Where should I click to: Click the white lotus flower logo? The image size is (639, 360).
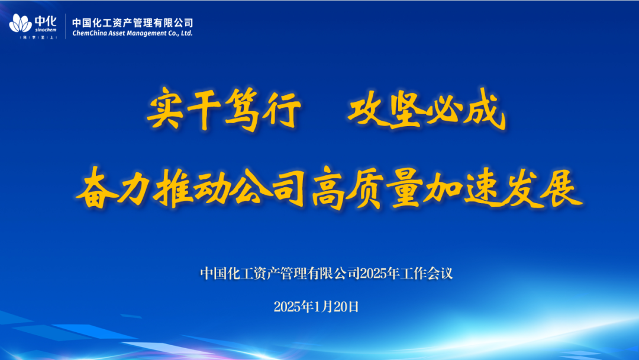(20, 23)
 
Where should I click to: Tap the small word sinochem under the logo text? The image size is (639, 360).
(46, 30)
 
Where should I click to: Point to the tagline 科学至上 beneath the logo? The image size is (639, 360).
(38, 37)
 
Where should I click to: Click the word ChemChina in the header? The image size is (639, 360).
(87, 33)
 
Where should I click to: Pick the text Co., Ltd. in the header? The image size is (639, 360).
(180, 33)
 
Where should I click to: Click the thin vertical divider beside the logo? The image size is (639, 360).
(65, 27)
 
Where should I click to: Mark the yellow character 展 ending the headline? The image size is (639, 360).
(561, 188)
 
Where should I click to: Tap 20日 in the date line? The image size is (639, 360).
(346, 307)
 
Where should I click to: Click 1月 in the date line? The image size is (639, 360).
(324, 307)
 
